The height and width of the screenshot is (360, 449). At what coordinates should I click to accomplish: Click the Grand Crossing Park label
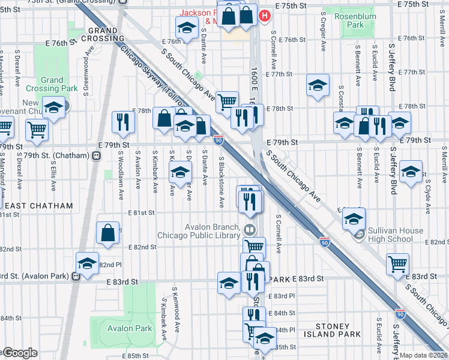52,84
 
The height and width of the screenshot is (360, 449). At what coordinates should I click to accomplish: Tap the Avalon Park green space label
130,328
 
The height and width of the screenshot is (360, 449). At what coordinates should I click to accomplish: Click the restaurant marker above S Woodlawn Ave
122,121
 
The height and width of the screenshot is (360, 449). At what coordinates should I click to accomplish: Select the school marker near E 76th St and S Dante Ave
187,27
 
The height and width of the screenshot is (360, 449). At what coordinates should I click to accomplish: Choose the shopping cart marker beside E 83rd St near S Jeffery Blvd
398,263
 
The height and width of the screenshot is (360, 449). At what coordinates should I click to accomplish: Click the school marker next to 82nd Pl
87,262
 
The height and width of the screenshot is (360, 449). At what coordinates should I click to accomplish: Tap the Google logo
20,353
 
